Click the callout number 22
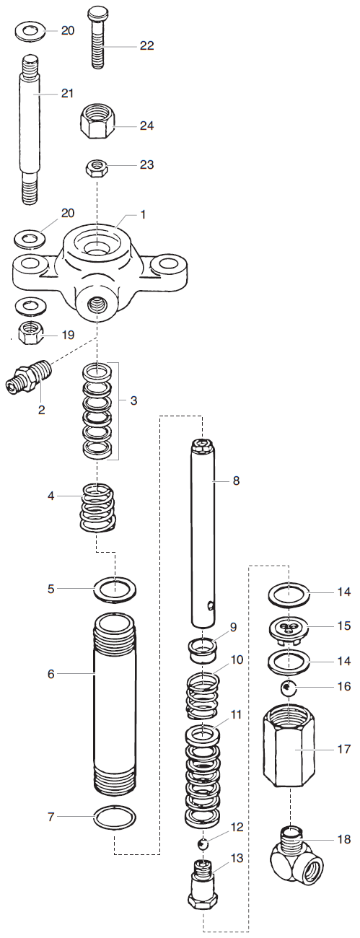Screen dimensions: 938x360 click(146, 45)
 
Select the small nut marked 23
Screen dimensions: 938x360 click(97, 168)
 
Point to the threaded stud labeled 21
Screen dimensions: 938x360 click(30, 131)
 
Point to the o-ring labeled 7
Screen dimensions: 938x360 click(115, 818)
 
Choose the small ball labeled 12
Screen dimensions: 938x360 click(203, 843)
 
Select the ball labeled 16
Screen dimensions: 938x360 click(289, 688)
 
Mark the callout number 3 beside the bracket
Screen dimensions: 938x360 click(133, 401)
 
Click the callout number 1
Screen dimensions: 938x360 click(143, 214)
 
